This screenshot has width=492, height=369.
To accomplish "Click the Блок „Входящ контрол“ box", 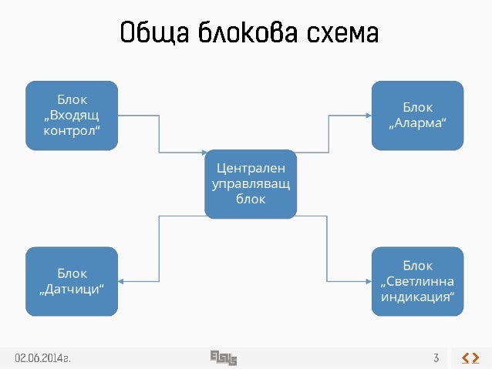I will click(72, 114).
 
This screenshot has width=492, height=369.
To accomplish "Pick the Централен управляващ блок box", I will click(251, 184).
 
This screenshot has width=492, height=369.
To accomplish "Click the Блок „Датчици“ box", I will click(72, 281).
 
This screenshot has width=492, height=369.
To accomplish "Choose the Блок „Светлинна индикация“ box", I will click(418, 281).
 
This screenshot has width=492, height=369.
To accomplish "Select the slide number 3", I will click(436, 357).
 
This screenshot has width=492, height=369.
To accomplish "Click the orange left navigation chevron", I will click(465, 357).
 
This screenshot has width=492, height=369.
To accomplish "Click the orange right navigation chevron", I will click(476, 357).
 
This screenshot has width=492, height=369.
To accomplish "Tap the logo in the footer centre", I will click(223, 357).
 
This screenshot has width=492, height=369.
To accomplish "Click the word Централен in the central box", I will click(251, 166).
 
